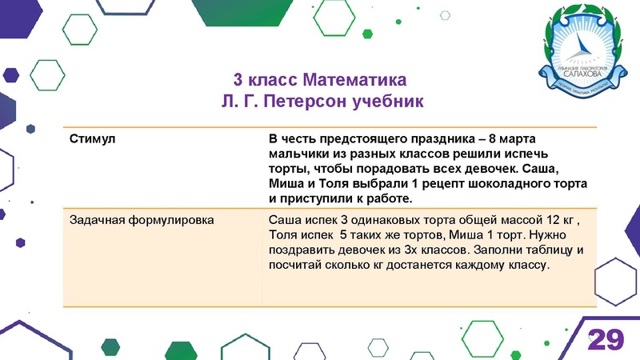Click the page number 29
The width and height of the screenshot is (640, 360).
(606, 339)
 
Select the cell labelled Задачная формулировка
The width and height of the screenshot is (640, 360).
(141, 218)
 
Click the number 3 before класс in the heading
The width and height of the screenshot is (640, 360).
(238, 82)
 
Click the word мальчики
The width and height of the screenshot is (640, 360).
(298, 154)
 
